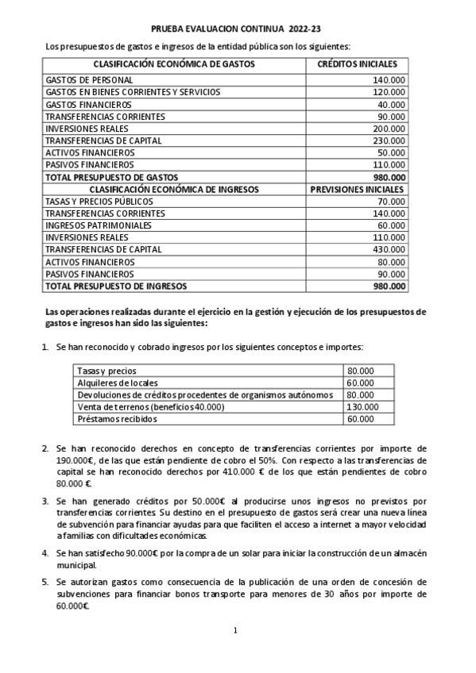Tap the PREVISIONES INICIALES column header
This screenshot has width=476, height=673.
(357, 190)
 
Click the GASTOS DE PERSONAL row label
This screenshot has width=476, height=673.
(89, 81)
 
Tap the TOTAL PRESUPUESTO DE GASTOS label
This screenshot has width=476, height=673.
(112, 177)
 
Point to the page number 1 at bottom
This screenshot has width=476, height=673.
(236, 631)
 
